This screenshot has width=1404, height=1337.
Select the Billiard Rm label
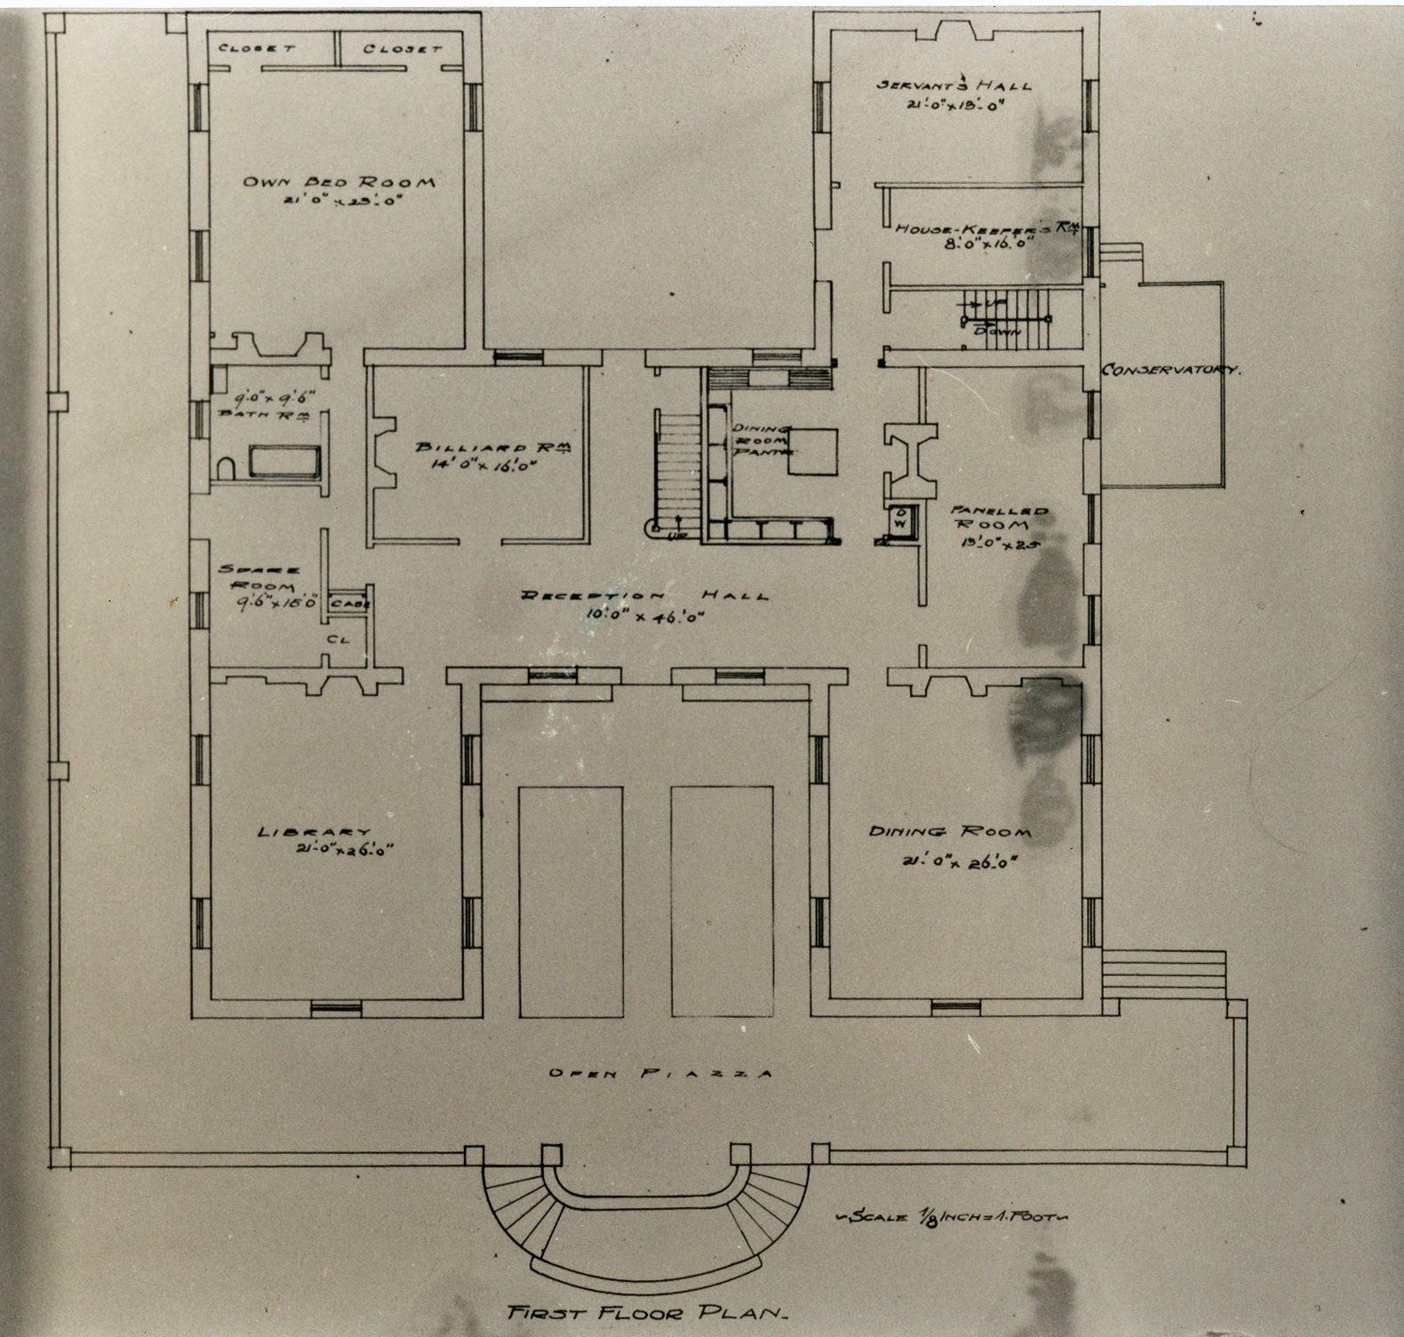point(493,449)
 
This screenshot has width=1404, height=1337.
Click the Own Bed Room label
point(339,182)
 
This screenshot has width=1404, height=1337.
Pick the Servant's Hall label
point(953,86)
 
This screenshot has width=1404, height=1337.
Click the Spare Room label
point(259,579)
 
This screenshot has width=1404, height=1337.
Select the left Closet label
point(257,48)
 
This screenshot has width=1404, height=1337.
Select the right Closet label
point(403,48)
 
